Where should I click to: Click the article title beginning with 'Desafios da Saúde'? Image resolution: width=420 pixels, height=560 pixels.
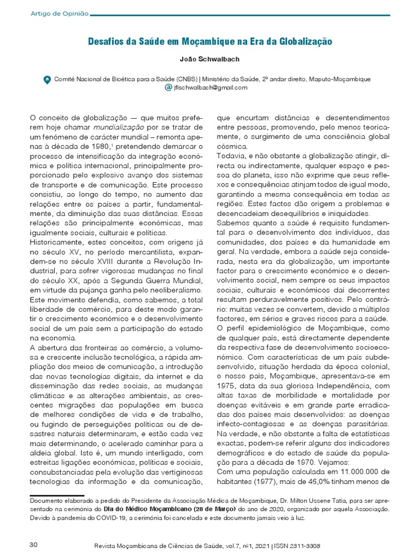pos(211,41)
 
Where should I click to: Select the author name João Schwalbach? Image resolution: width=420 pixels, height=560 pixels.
pos(210,60)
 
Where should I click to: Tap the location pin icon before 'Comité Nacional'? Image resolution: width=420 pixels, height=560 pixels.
pos(47,79)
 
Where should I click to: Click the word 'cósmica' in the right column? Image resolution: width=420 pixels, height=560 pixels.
pos(232,147)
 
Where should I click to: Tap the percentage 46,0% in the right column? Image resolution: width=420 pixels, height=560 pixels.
pos(328,482)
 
